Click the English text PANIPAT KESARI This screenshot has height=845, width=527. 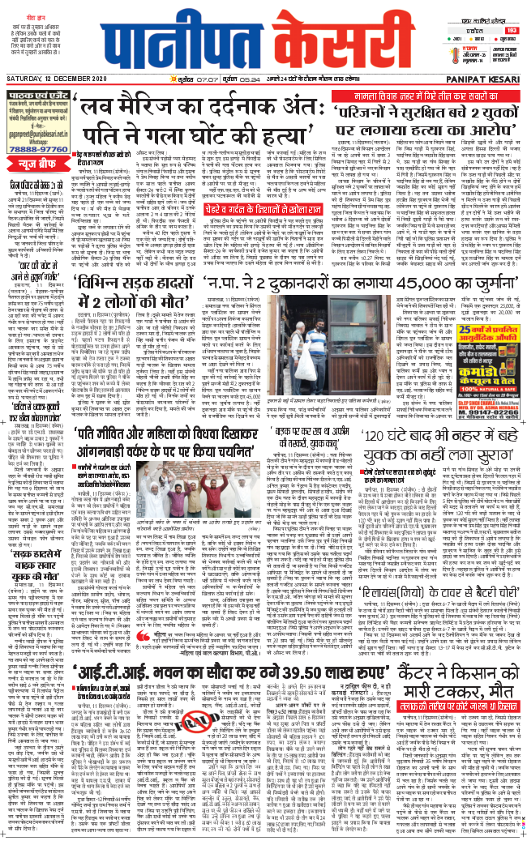pos(489,79)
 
